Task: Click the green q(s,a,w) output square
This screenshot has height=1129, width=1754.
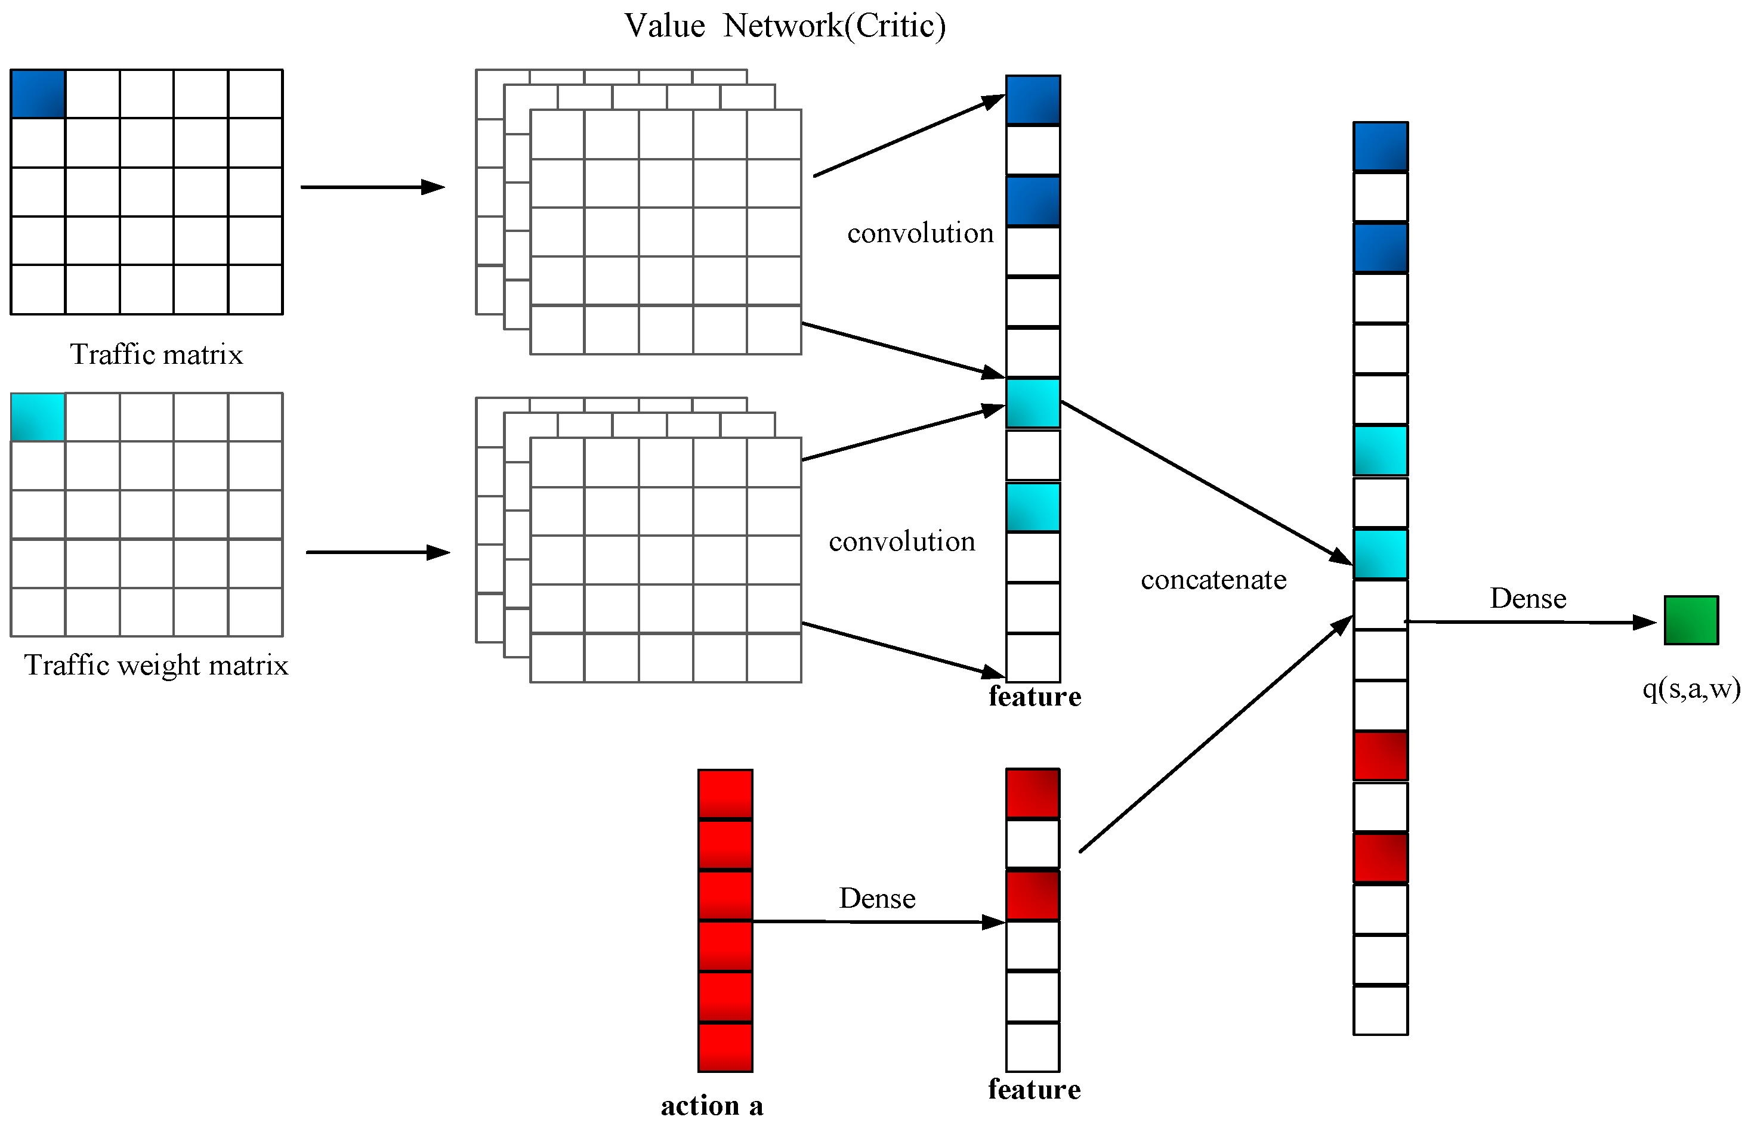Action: pos(1690,620)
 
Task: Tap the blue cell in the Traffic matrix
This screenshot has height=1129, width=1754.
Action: pos(38,94)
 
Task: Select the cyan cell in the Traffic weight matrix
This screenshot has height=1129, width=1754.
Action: pos(38,417)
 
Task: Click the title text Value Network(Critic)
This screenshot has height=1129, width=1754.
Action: pos(785,26)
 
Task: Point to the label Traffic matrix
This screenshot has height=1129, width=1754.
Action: pos(156,355)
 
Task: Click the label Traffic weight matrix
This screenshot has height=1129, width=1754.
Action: pos(156,666)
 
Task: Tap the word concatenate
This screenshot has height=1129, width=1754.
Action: pos(1213,580)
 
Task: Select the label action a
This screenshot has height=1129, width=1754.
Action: pos(711,1106)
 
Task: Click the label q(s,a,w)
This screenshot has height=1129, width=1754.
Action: pos(1691,689)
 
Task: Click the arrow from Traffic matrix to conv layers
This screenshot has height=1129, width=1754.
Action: pos(372,187)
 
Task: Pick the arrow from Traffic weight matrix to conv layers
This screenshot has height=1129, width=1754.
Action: pos(377,552)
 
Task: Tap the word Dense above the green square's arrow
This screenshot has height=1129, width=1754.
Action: pos(1527,599)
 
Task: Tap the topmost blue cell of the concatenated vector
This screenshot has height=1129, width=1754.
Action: pos(1379,147)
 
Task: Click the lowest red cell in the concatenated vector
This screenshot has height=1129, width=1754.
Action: pos(1379,858)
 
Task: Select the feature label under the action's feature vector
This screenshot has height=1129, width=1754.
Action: pos(1034,1090)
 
